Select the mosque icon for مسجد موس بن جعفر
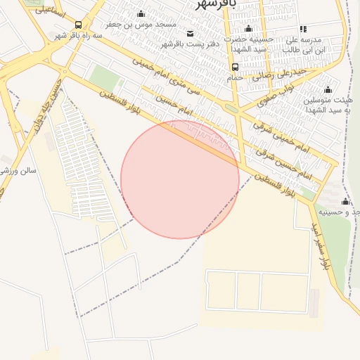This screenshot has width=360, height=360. pos(141,14)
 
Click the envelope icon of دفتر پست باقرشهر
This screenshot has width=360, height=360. pos(190,33)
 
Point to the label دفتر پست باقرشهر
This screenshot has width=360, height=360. pos(191,44)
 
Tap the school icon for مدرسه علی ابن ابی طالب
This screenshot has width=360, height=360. pos(303,29)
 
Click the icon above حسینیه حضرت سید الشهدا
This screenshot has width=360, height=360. pos(248,29)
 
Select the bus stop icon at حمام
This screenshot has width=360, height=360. pos(235,67)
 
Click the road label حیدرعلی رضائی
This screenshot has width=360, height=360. pos(281,72)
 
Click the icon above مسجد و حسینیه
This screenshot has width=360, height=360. pos(345,201)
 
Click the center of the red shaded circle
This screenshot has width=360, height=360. pos(180,179)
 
